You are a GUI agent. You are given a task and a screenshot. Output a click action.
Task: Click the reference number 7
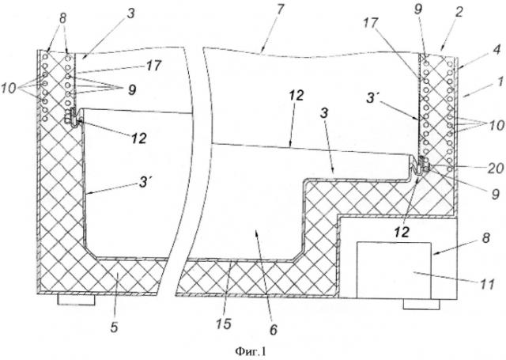pyautogui.click(x=280, y=9)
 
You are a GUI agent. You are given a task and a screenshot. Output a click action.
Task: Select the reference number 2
pyautogui.click(x=459, y=13)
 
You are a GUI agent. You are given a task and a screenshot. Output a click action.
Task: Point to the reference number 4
pyautogui.click(x=497, y=49)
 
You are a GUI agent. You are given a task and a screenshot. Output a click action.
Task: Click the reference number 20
pyautogui.click(x=495, y=169)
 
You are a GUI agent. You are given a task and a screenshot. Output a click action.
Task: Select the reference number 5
pyautogui.click(x=114, y=327)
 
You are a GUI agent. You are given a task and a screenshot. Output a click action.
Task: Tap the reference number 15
pyautogui.click(x=224, y=324)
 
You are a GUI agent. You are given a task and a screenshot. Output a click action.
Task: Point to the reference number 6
pyautogui.click(x=273, y=330)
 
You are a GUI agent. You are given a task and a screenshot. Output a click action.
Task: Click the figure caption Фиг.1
pyautogui.click(x=251, y=351)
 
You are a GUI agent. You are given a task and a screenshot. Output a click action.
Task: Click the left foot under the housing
pyautogui.click(x=76, y=299)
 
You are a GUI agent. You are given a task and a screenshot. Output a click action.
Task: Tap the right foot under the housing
pyautogui.click(x=421, y=304)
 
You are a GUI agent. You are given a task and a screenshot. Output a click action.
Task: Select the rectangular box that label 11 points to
pyautogui.click(x=394, y=270)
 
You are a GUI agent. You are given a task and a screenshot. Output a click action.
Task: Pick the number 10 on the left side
pyautogui.click(x=9, y=88)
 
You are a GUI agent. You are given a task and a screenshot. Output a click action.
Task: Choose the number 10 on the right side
pyautogui.click(x=496, y=125)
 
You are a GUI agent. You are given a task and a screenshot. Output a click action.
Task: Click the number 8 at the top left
pyautogui.click(x=62, y=18)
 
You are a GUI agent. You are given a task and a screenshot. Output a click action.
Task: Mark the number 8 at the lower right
pyautogui.click(x=486, y=238)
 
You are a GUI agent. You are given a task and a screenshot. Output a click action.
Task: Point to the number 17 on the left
pyautogui.click(x=153, y=66)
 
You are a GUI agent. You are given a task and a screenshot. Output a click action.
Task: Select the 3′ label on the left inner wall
pyautogui.click(x=144, y=183)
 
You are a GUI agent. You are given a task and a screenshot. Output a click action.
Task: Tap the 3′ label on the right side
pyautogui.click(x=372, y=98)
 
